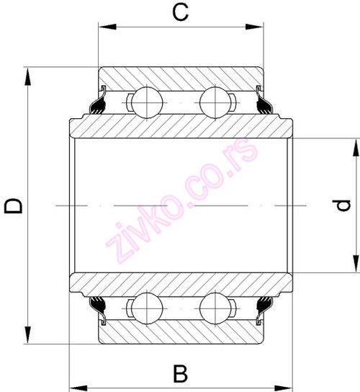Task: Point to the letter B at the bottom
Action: pos(181,374)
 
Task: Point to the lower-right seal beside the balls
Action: pos(262,308)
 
